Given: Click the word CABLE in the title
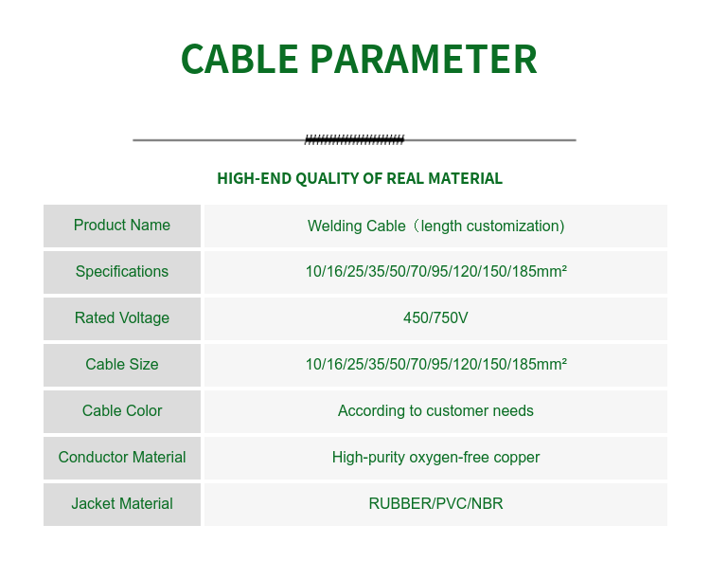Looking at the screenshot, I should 240,60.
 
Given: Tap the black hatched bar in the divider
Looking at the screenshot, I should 354,140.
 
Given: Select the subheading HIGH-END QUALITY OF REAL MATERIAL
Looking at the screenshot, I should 360,178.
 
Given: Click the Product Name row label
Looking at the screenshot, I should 122,226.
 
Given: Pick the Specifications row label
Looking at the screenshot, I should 122,272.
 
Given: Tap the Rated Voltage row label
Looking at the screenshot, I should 122,318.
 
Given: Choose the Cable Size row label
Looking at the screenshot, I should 122,365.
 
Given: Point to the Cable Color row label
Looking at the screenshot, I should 122,411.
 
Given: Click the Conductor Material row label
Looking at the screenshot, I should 122,458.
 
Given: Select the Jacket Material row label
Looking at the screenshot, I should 122,504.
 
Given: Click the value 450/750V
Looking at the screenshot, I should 435,318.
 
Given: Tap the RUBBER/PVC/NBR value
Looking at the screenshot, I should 435,504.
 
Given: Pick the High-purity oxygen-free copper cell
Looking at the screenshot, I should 435,458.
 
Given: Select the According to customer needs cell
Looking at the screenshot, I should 435,411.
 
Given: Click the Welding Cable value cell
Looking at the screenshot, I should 435,226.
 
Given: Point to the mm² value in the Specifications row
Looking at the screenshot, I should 435,272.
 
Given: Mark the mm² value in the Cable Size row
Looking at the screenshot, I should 435,365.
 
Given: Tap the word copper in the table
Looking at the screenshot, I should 517,459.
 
